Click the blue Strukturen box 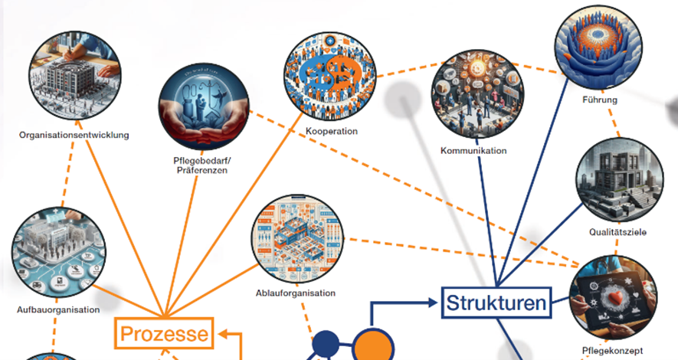point(497,301)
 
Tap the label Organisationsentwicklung point(74,136)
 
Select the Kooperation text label point(330,131)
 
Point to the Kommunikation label point(473,150)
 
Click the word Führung point(599,100)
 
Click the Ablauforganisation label point(296,293)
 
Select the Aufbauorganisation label point(58,310)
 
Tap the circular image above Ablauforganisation point(296,239)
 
